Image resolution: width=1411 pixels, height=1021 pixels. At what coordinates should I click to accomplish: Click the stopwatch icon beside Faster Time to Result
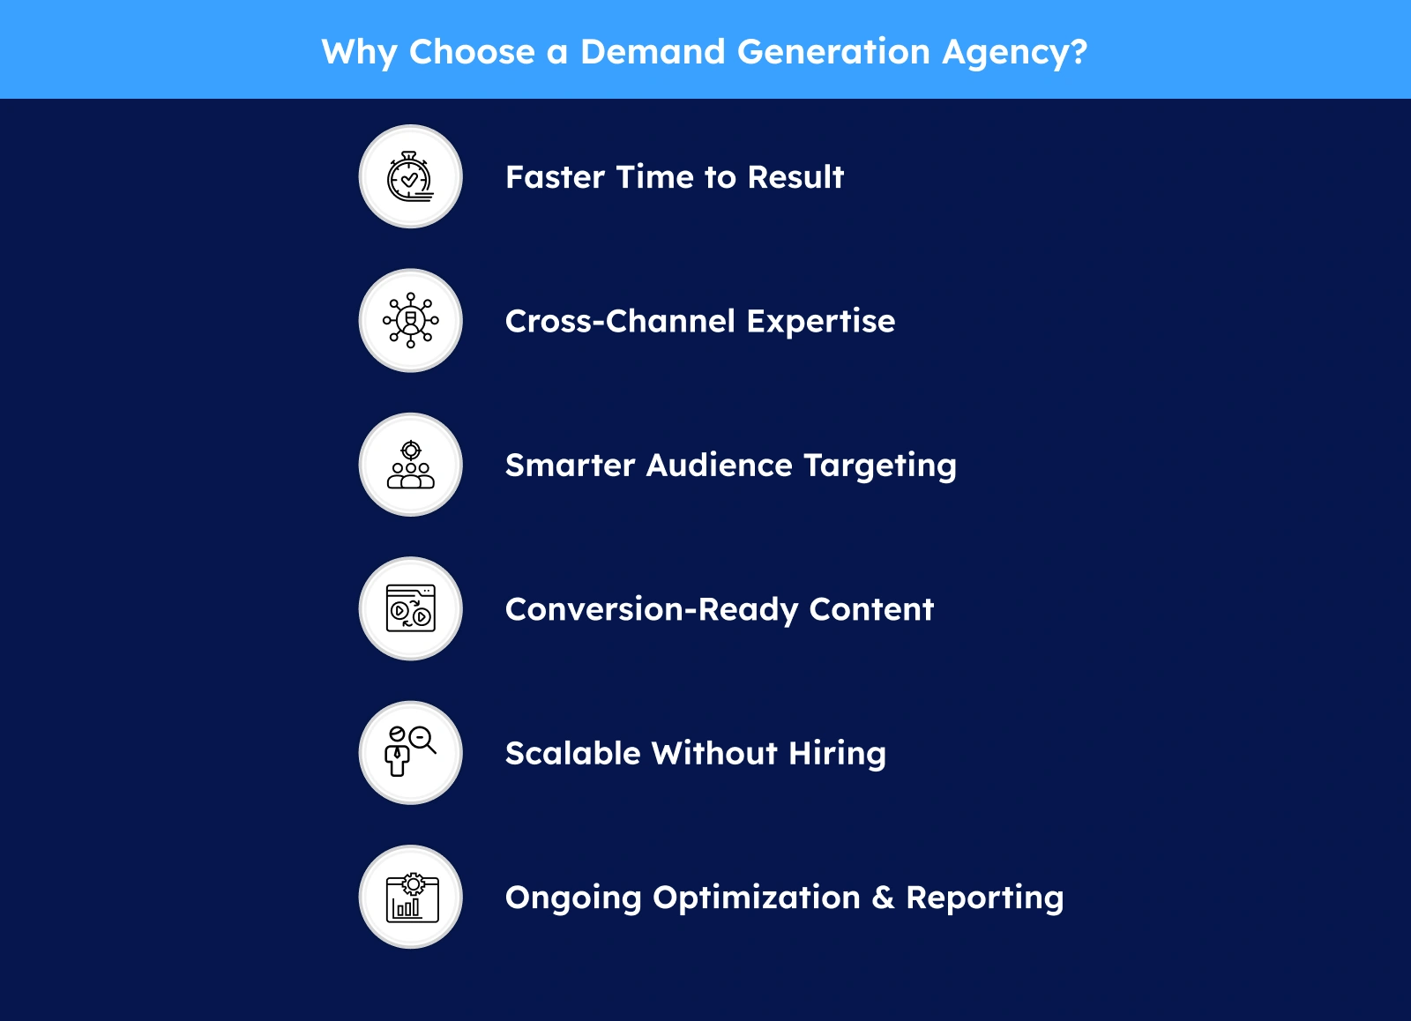(x=410, y=176)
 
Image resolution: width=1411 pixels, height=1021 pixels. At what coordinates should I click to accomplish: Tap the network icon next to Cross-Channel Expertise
(x=411, y=320)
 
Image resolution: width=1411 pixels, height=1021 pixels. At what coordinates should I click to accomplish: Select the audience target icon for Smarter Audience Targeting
(x=411, y=465)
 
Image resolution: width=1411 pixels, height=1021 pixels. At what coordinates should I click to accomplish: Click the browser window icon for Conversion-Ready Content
(x=411, y=608)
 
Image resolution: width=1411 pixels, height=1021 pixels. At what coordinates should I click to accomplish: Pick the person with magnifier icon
(x=410, y=751)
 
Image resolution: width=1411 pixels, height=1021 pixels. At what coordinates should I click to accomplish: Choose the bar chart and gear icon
(x=412, y=897)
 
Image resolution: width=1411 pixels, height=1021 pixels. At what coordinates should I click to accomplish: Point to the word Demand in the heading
(x=653, y=51)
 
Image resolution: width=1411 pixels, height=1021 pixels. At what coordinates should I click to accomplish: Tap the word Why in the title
(x=359, y=53)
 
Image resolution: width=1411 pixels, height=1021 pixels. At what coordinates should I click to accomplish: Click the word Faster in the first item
(x=555, y=177)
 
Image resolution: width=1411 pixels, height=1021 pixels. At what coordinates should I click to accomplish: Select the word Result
(x=795, y=177)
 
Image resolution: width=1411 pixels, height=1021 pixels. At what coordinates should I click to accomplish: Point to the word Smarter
(x=570, y=466)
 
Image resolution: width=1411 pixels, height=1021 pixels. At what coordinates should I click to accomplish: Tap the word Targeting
(x=880, y=466)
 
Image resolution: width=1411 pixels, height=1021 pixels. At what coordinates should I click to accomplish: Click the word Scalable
(x=572, y=753)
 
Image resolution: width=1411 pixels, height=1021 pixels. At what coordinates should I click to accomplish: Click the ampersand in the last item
(x=883, y=898)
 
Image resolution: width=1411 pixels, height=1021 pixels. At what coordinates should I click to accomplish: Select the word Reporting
(x=984, y=898)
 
